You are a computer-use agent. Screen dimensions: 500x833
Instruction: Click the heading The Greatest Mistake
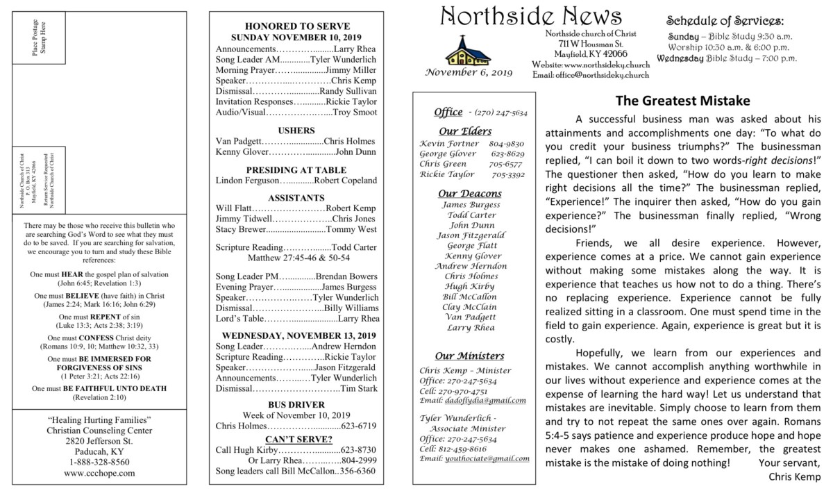682,101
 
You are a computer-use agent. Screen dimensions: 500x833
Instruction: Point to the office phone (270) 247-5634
501,112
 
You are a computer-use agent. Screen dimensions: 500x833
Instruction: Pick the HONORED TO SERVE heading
297,26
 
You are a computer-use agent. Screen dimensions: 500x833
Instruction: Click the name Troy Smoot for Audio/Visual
355,112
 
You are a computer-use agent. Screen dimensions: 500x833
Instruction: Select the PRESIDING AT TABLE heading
296,169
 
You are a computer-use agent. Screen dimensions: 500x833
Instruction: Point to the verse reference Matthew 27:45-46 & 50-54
296,258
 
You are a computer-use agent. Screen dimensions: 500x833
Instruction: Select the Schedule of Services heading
725,20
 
